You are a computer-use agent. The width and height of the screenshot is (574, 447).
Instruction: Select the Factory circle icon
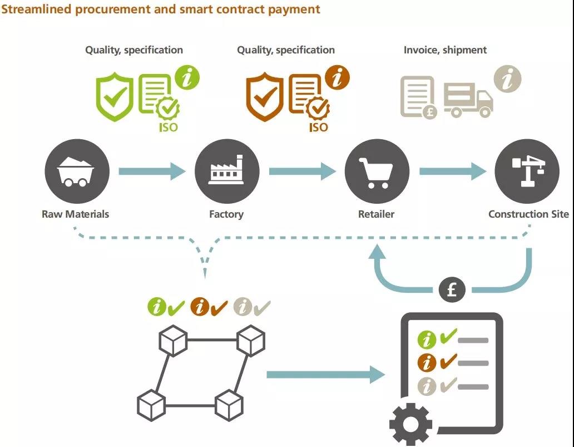tap(227, 171)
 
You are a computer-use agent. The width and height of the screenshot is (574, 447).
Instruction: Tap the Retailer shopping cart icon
tap(377, 171)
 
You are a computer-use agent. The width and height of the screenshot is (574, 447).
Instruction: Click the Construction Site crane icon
tap(527, 171)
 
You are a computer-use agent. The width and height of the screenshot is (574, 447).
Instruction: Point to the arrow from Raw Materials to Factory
tap(152, 171)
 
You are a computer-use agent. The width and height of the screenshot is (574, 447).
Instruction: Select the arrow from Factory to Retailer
tap(303, 171)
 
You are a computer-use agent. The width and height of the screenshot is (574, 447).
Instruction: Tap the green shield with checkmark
tap(115, 97)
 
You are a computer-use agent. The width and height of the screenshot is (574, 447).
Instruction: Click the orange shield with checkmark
tap(265, 97)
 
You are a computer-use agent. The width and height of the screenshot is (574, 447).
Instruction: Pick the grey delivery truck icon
tap(468, 100)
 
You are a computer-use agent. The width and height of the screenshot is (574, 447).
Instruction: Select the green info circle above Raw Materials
tap(187, 78)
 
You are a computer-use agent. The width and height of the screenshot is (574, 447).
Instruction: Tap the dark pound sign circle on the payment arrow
tap(452, 290)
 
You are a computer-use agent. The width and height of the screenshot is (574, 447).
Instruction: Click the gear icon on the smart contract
tap(410, 424)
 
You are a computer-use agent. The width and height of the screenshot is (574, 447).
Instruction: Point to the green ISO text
tap(169, 127)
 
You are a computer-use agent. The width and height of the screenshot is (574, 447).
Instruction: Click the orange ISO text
tap(319, 127)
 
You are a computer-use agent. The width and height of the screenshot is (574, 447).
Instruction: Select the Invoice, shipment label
tap(445, 50)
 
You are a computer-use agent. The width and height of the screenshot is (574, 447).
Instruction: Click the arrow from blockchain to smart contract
tap(326, 375)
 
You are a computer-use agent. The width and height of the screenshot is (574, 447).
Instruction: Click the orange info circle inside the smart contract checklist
tap(427, 363)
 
